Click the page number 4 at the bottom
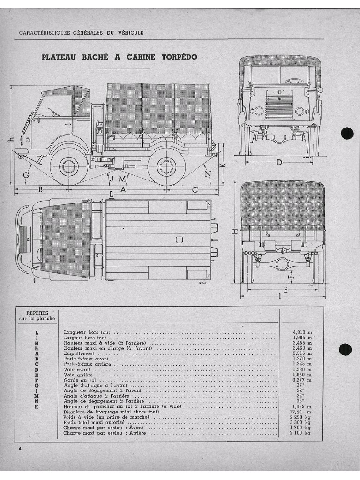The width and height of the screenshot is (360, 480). coord(20,449)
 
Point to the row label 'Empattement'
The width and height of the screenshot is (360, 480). coord(79,353)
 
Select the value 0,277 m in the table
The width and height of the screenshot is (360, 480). coord(302,380)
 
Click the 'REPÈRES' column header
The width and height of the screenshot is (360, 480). coord(37,313)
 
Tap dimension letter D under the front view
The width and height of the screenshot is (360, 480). coord(279,163)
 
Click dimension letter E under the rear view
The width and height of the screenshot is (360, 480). coord(285,290)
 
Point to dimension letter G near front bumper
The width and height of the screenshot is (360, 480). coord(26,175)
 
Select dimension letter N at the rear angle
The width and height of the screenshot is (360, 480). coord(209,174)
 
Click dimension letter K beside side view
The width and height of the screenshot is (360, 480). coord(223,165)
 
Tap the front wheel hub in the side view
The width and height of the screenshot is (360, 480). coord(67,167)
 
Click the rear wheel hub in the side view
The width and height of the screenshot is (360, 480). coord(165,167)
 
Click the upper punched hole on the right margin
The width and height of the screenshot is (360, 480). coord(346,134)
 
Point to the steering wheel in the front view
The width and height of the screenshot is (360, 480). coord(292,81)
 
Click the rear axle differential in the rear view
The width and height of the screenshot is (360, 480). coord(282,264)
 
